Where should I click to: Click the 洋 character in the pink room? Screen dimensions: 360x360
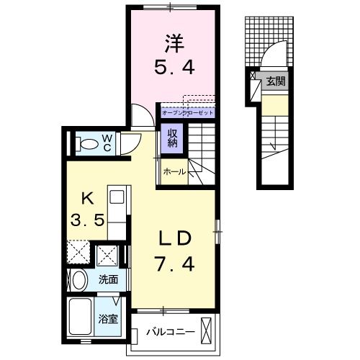coord(174,43)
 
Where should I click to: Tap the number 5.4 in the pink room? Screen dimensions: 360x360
coord(174,69)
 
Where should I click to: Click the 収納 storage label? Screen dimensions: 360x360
coord(174,137)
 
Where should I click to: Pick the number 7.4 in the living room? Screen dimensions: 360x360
coord(174,265)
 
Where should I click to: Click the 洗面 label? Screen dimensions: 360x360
coord(109,279)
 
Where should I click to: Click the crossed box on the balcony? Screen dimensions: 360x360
coord(207,332)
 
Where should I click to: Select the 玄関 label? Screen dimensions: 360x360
coord(275,81)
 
